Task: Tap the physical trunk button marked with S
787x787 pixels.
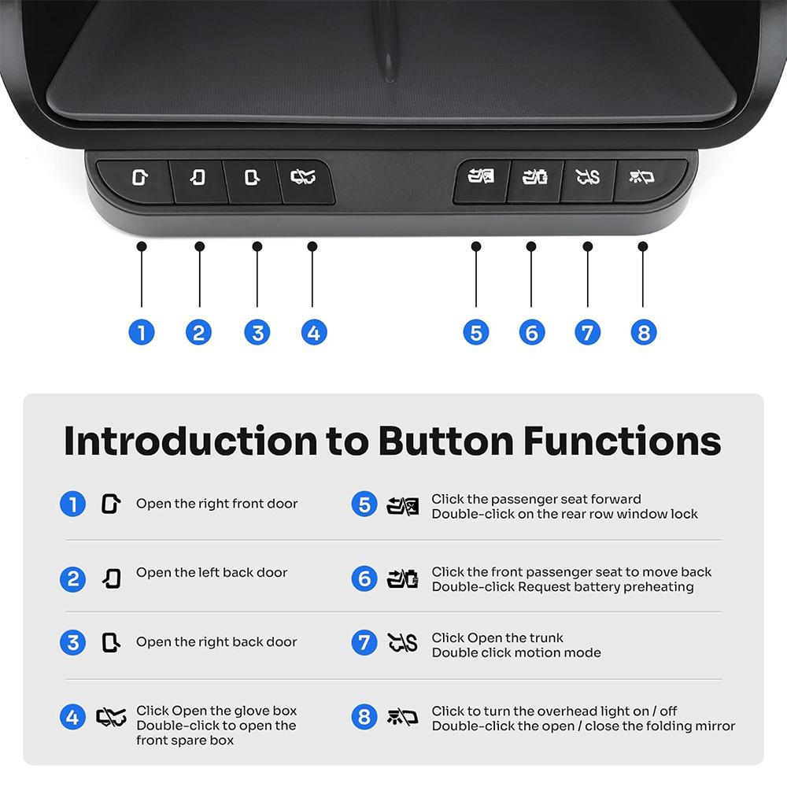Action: (x=587, y=179)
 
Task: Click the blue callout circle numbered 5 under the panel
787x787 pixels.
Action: (x=475, y=332)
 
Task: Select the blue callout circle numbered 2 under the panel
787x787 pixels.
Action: (x=198, y=332)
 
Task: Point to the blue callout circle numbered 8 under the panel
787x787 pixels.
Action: (x=643, y=332)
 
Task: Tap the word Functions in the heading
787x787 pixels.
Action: (x=622, y=441)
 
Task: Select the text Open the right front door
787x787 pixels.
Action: (x=216, y=504)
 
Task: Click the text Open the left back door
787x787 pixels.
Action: (x=212, y=573)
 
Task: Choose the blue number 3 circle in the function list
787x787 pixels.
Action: (x=72, y=642)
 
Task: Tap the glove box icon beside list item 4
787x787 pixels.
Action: (x=111, y=717)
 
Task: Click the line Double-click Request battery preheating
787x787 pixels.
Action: (x=562, y=587)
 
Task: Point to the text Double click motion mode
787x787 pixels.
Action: (x=515, y=653)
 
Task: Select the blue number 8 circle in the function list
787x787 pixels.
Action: (x=364, y=717)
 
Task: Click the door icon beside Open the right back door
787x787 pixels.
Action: (x=111, y=642)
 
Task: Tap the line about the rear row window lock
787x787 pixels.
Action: (x=564, y=514)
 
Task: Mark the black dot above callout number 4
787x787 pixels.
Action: (x=312, y=246)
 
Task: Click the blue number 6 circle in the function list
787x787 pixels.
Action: (x=364, y=579)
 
